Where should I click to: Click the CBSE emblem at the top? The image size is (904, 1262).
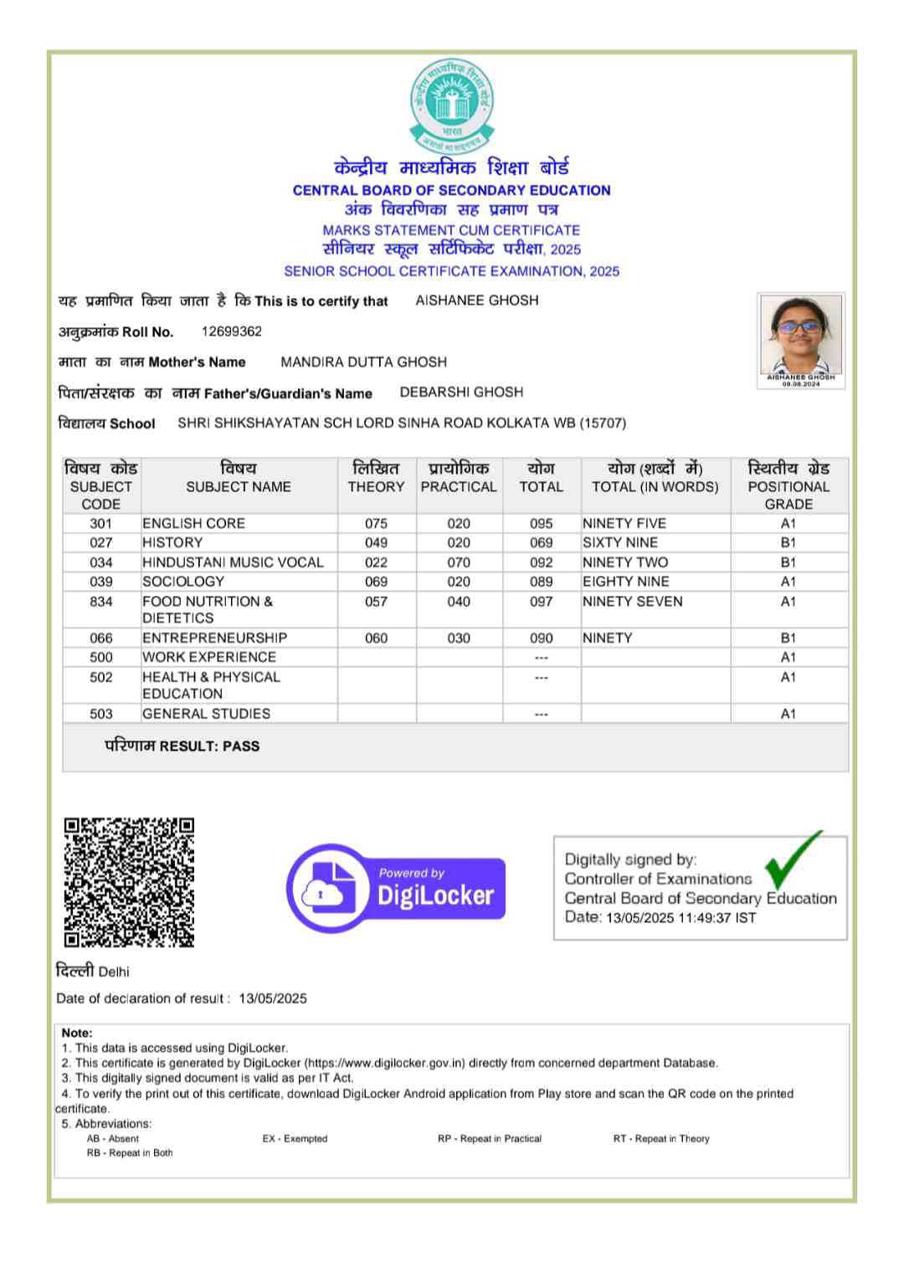click(451, 105)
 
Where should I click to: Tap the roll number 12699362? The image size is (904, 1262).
click(232, 331)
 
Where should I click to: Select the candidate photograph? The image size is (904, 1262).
click(800, 336)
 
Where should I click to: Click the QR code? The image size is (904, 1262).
click(129, 882)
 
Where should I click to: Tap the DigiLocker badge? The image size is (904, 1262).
click(396, 888)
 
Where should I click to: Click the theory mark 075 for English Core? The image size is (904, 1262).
click(376, 523)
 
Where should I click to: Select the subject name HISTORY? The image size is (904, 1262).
click(172, 542)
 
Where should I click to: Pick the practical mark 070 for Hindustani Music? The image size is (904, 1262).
click(459, 562)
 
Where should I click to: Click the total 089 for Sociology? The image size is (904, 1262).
click(542, 582)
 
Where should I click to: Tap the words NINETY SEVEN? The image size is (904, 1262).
click(633, 602)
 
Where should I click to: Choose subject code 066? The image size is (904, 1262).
click(100, 638)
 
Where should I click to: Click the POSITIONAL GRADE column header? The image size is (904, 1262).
click(788, 486)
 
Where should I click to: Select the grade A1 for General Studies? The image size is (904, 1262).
click(788, 714)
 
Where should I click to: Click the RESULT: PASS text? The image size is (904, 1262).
click(182, 746)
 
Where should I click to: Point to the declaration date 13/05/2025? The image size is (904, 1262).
click(273, 998)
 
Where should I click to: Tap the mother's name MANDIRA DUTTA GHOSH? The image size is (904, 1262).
click(363, 362)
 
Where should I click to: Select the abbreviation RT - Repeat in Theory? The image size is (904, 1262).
click(661, 1138)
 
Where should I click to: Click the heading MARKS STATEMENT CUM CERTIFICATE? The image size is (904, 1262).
click(451, 230)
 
